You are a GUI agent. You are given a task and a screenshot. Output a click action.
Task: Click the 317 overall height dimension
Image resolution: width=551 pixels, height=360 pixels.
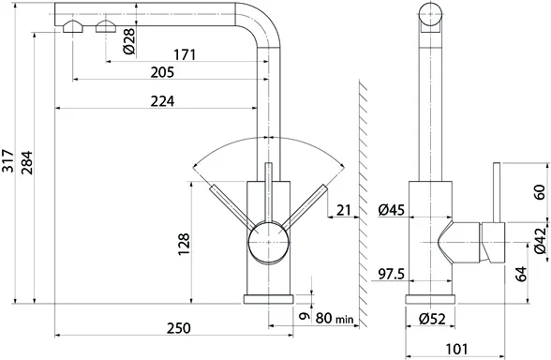[x=7, y=160]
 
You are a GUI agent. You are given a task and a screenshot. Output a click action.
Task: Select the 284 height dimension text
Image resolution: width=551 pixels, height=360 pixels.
[x=26, y=162]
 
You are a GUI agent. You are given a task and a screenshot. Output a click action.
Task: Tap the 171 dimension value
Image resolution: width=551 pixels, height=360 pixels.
[x=185, y=54]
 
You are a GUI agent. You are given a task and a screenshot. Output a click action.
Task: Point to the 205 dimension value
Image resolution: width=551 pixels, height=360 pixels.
[x=162, y=72]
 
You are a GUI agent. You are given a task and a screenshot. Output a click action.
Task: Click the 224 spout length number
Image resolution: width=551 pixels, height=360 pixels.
[x=162, y=101]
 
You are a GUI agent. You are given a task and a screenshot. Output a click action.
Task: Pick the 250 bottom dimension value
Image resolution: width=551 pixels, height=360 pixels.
[x=178, y=328]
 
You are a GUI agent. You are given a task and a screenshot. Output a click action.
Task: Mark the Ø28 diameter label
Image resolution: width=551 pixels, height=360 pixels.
[x=129, y=41]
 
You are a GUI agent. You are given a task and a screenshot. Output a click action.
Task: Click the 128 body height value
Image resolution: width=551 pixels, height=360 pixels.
[x=184, y=245]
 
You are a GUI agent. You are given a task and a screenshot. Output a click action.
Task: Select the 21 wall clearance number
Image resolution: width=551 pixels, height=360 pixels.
[x=344, y=210]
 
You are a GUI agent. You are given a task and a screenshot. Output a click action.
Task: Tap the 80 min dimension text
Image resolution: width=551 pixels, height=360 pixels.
[x=335, y=318]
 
